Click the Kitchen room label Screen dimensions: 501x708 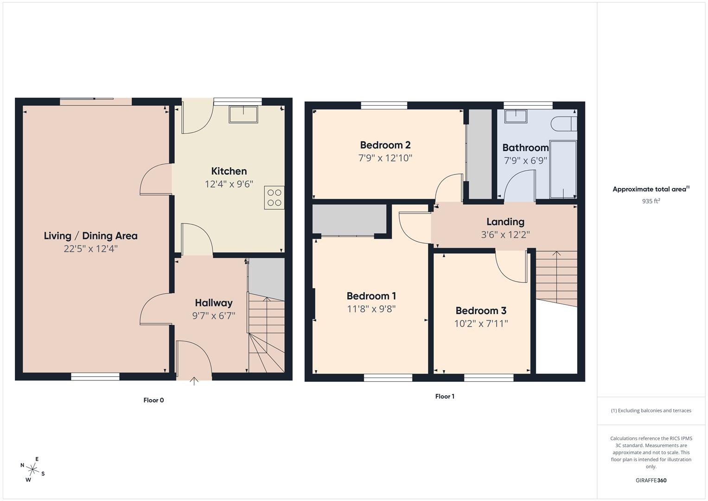click(x=229, y=171)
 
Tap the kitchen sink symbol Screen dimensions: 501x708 click(x=243, y=114)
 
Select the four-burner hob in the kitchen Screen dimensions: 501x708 click(x=274, y=198)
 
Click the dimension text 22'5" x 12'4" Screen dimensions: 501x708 click(x=91, y=249)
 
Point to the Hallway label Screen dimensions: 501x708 click(x=214, y=303)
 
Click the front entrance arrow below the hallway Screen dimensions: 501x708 click(x=194, y=381)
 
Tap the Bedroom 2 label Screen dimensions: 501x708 click(x=385, y=145)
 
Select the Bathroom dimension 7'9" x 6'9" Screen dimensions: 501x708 click(x=526, y=161)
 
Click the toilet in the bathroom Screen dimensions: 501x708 click(x=563, y=124)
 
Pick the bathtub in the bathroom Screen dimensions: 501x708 click(x=563, y=169)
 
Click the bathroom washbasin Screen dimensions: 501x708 click(x=516, y=116)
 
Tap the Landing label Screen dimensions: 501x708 click(x=505, y=222)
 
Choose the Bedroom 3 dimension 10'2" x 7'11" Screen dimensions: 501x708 click(x=481, y=323)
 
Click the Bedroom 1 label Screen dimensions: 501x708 click(x=371, y=296)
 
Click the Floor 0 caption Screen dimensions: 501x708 click(x=153, y=400)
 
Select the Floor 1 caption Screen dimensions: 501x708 click(x=445, y=397)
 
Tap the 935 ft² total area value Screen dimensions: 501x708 click(x=651, y=201)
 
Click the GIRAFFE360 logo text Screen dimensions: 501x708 click(x=651, y=481)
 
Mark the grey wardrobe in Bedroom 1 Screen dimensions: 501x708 click(x=350, y=219)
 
